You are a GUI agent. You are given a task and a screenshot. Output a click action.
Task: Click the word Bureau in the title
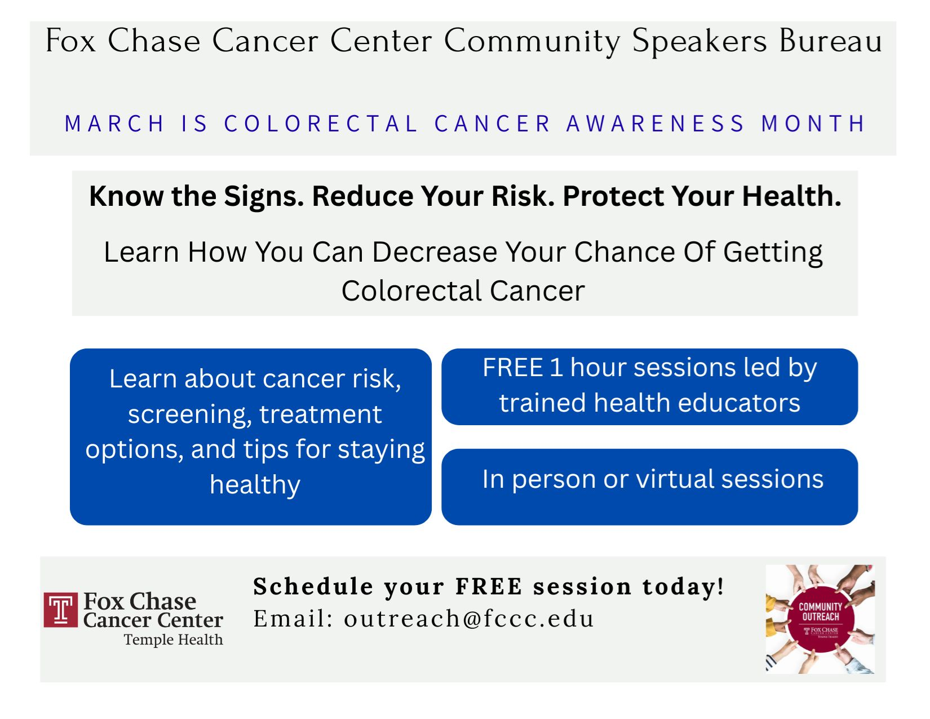coord(831,41)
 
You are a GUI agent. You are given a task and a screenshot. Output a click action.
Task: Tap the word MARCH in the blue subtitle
coord(115,123)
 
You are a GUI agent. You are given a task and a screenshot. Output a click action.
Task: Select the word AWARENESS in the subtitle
coord(656,123)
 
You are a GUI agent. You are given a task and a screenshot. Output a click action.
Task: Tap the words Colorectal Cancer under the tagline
coord(463,291)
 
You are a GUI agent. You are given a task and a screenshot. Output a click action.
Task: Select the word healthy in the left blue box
coord(255,485)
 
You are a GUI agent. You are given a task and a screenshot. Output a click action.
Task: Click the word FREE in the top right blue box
coord(512,368)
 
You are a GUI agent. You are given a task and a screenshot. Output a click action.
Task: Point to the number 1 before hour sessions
coord(556,368)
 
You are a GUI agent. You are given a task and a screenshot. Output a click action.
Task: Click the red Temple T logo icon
coord(60,610)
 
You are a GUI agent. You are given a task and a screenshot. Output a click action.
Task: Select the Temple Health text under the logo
coord(173,640)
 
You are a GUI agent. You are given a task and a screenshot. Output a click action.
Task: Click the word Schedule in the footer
coord(313,586)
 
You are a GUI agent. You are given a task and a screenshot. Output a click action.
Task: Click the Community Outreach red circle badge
coord(820,619)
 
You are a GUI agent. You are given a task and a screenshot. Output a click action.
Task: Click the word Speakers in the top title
coord(699,41)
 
